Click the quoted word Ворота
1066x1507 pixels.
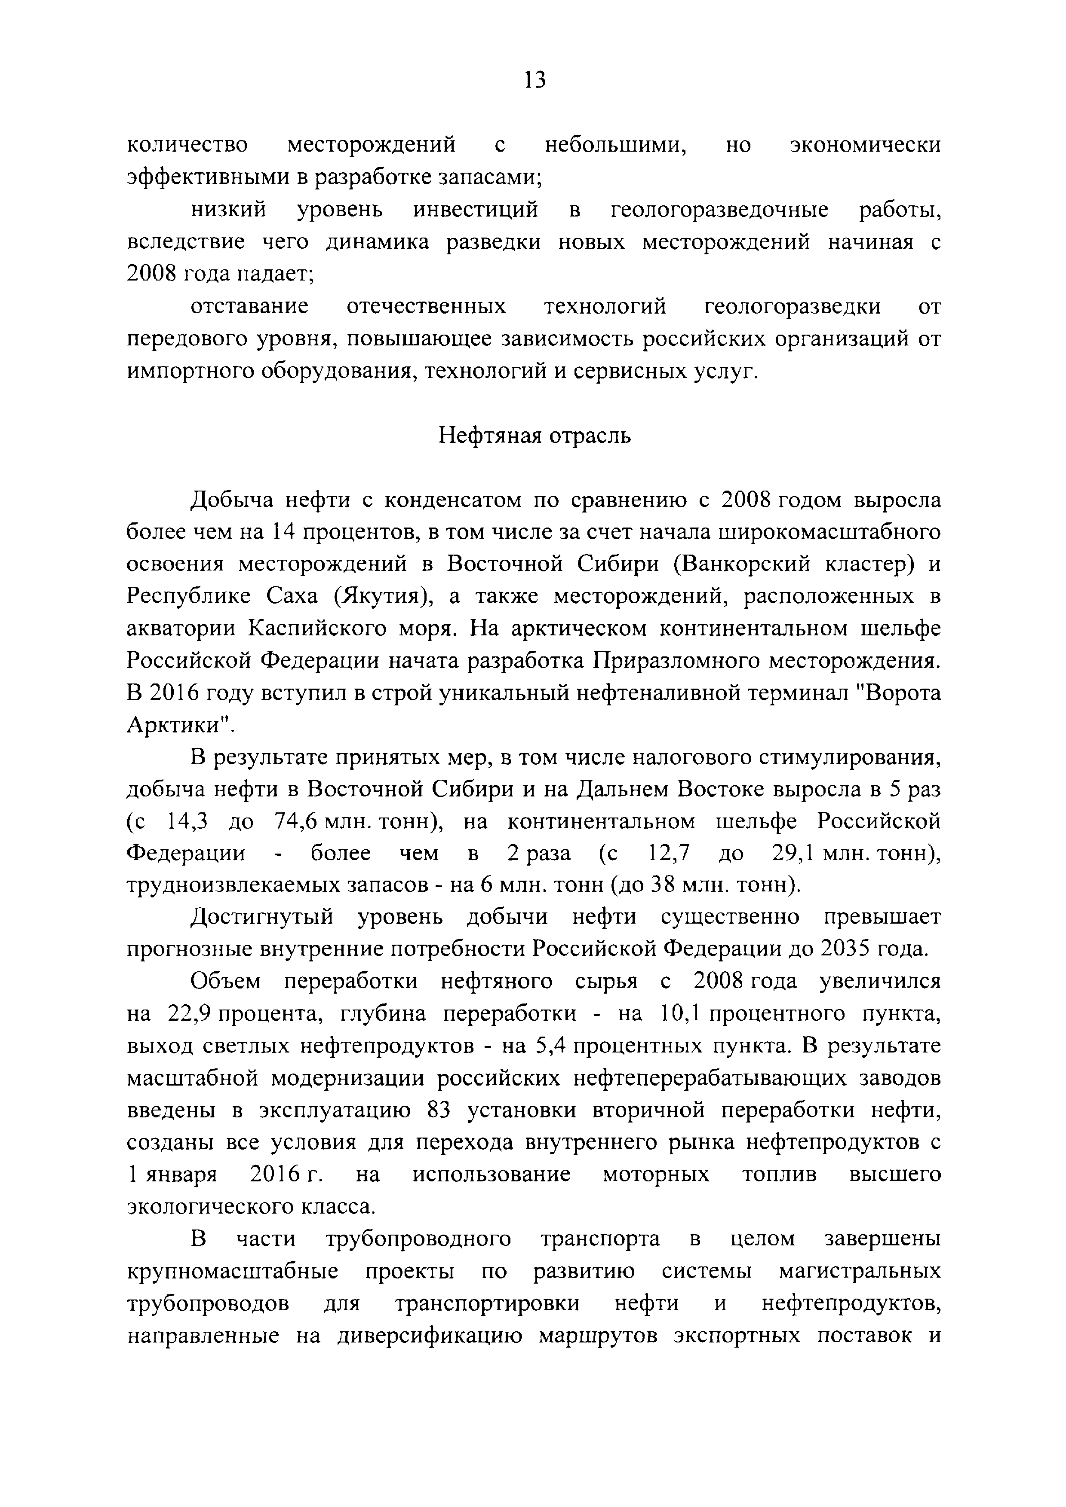900,693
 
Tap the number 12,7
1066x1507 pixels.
669,853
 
